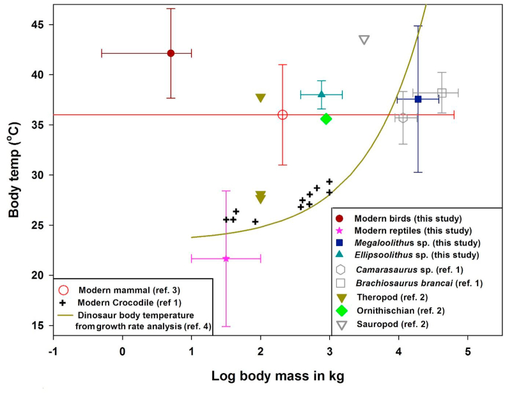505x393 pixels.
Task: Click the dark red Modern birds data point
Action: [x=171, y=53]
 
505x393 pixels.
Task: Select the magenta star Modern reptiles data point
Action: [x=226, y=258]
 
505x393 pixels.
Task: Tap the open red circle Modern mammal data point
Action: [x=283, y=114]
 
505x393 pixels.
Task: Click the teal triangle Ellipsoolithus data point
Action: [x=322, y=95]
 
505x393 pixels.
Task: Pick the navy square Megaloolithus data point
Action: [x=418, y=99]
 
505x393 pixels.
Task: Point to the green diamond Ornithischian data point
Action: [x=326, y=118]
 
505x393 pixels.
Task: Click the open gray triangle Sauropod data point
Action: [x=364, y=40]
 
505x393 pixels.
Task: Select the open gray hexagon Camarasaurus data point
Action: [x=403, y=118]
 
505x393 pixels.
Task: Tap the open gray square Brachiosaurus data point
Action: [x=442, y=93]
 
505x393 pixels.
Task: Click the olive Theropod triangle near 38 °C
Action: [x=260, y=98]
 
